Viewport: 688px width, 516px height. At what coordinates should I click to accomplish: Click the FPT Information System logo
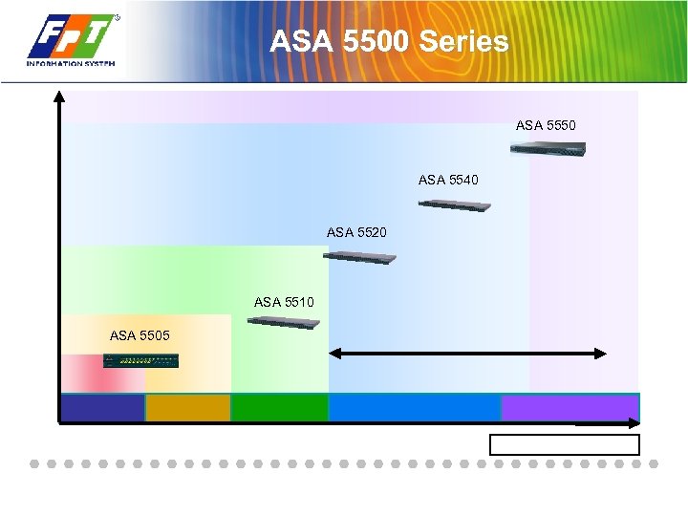click(x=73, y=41)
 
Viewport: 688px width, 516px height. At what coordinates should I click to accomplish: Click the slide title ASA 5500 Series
click(x=389, y=42)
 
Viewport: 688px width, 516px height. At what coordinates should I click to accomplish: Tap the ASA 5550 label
click(x=546, y=125)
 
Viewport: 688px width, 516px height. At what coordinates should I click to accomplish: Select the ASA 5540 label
click(x=448, y=180)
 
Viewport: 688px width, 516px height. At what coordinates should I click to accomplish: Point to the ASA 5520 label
click(x=356, y=232)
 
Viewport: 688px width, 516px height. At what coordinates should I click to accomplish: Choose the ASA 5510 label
click(x=284, y=302)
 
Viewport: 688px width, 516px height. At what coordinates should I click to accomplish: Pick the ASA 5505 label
click(x=140, y=335)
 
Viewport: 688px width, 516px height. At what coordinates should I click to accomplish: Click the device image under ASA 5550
click(x=547, y=148)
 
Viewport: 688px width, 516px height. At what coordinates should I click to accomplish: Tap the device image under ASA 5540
click(x=455, y=204)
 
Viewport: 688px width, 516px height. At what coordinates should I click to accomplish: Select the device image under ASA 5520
click(x=359, y=257)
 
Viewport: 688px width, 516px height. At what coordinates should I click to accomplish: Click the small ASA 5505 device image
click(x=141, y=360)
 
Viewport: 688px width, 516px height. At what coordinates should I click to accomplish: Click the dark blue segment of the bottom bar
click(x=102, y=408)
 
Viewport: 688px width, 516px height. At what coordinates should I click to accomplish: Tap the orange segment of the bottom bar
click(x=188, y=408)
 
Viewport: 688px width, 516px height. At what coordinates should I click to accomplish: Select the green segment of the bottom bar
click(x=279, y=408)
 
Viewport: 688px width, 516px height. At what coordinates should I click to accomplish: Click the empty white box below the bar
click(x=564, y=444)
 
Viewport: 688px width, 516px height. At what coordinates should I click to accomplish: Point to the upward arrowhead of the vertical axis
click(x=60, y=96)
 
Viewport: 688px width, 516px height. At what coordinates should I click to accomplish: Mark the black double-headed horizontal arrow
click(x=467, y=354)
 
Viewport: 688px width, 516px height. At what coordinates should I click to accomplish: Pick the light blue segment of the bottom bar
click(x=414, y=408)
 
